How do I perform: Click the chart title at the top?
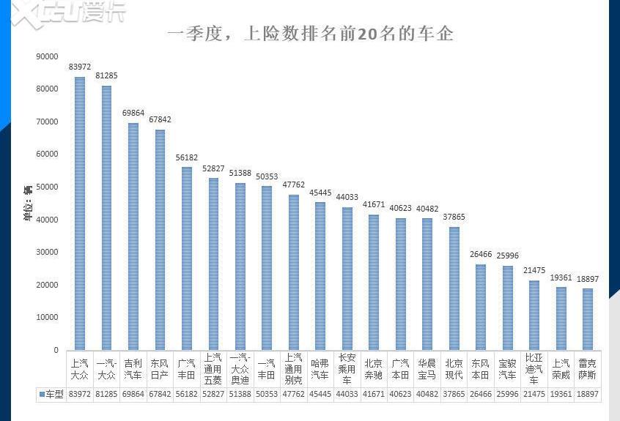[x=310, y=34]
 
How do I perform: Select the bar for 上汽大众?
[x=80, y=212]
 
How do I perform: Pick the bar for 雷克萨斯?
[x=587, y=318]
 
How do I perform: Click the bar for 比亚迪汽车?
[x=534, y=315]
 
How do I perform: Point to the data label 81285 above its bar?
[x=106, y=75]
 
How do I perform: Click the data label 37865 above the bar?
[x=454, y=217]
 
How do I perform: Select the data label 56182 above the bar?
[x=187, y=157]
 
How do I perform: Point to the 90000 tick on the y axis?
[x=47, y=56]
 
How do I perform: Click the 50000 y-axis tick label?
[x=47, y=187]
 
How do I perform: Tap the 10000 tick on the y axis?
[x=47, y=318]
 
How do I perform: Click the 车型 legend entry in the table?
[x=52, y=394]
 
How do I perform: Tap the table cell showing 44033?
[x=347, y=394]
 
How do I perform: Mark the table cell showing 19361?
[x=561, y=394]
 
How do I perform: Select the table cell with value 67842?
[x=160, y=394]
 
